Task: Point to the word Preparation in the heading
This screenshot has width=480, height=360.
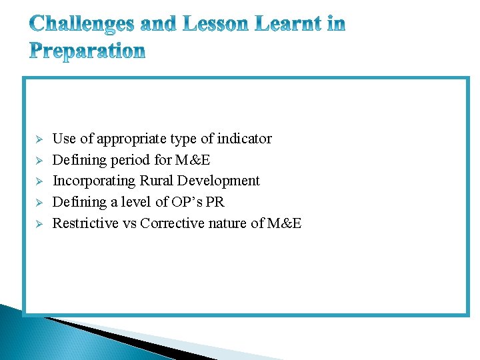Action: point(87,51)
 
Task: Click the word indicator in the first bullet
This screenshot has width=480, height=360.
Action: point(245,139)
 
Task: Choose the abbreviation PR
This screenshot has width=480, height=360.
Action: point(215,202)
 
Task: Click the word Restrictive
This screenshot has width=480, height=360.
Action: point(85,223)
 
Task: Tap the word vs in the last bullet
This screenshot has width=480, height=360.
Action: point(129,223)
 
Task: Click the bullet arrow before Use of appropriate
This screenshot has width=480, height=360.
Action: point(39,139)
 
